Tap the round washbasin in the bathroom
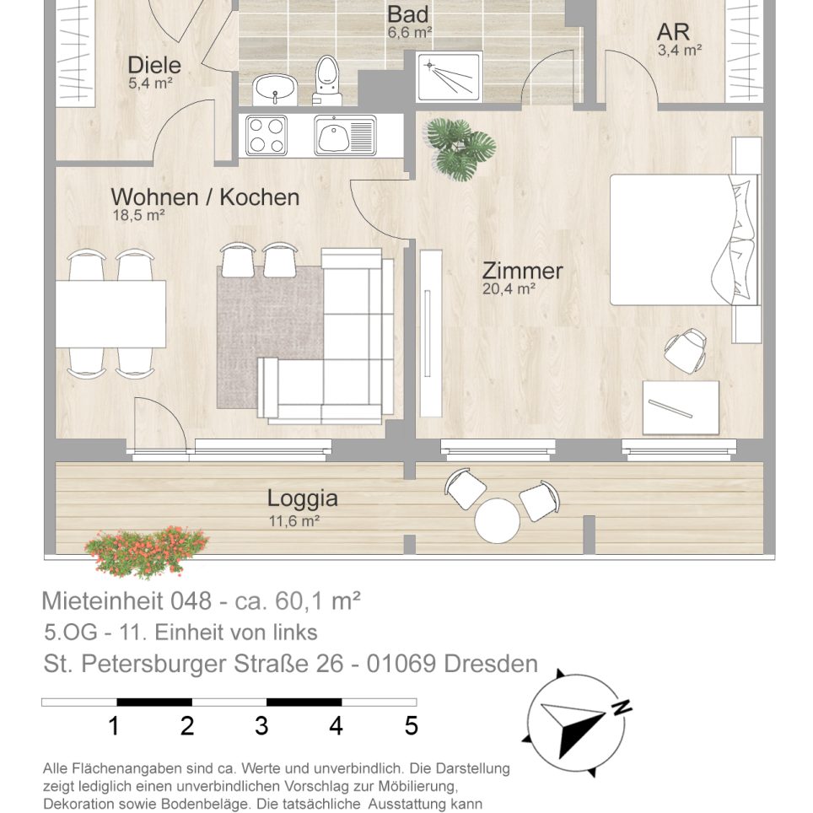[274, 89]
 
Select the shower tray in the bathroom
[449, 76]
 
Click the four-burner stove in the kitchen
[267, 135]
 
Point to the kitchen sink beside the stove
[345, 135]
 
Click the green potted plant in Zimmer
[460, 148]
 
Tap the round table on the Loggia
[498, 520]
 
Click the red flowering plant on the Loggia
[147, 552]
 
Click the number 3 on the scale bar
[261, 726]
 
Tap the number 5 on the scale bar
[412, 726]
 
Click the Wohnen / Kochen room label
[205, 197]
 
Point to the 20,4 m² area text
[509, 288]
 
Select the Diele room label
[154, 65]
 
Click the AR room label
[673, 32]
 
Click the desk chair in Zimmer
[686, 350]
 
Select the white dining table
[111, 314]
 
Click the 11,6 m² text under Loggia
[294, 520]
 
